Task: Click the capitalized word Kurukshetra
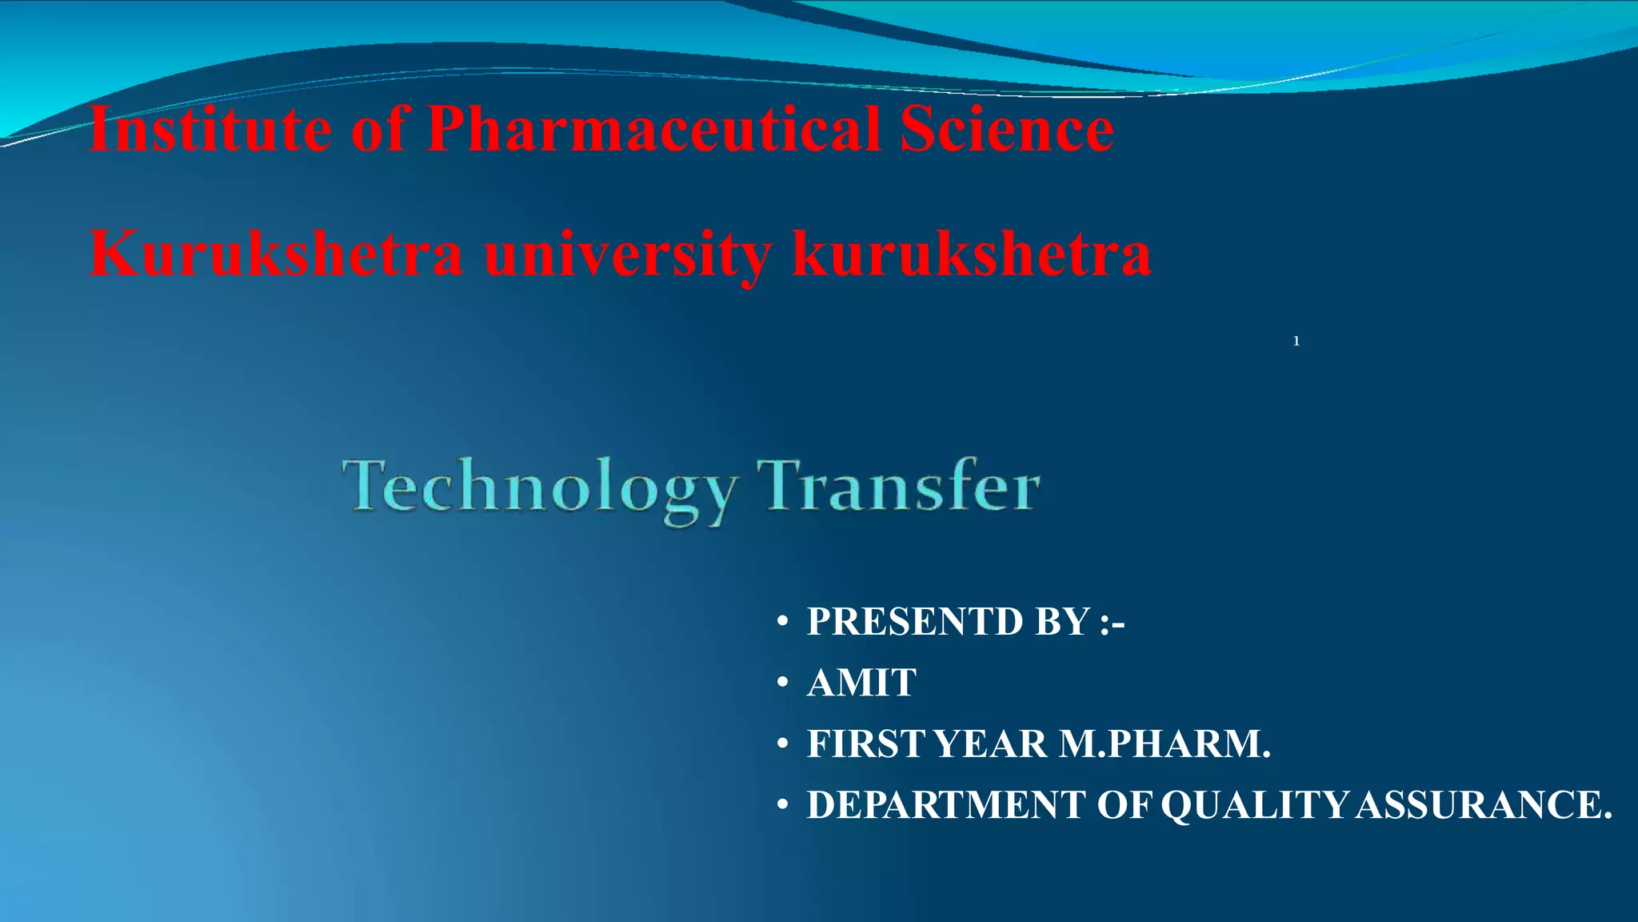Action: pos(276,253)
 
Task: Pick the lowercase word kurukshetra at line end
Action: pos(971,253)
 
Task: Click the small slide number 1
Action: pos(1296,342)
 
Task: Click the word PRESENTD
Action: pos(914,622)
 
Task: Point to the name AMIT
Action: pos(861,683)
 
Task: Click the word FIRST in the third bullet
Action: pos(866,744)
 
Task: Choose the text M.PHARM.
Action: pos(1165,744)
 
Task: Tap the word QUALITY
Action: pos(1254,805)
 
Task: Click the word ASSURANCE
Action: pos(1484,805)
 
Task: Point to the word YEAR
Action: pos(990,744)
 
